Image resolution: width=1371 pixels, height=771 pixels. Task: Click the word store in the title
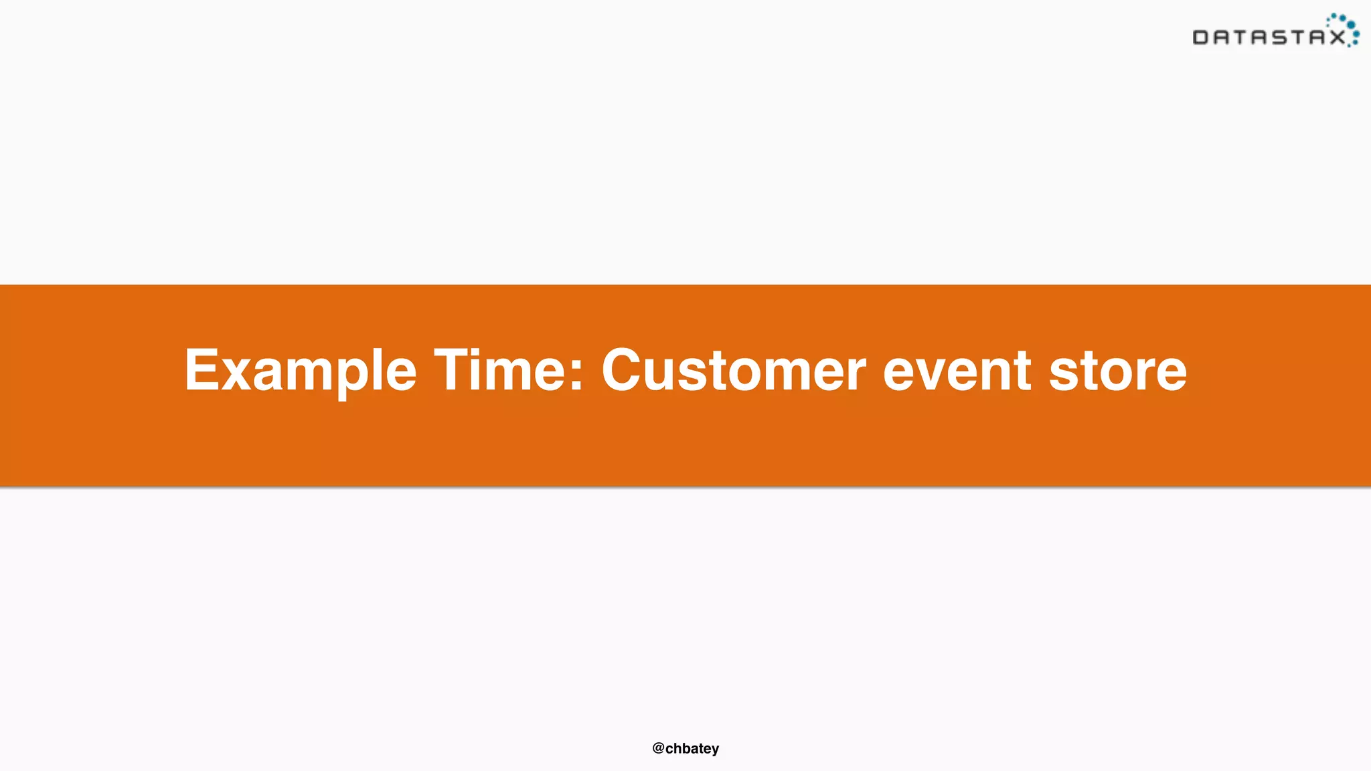coord(1118,371)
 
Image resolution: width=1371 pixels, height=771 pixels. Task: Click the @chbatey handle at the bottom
coord(685,748)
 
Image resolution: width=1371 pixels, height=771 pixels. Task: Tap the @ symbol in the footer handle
coord(658,748)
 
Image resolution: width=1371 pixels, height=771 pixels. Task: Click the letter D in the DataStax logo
coord(1201,37)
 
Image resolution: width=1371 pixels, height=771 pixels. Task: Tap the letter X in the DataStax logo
coord(1337,37)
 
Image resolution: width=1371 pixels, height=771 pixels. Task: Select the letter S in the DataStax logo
coord(1279,37)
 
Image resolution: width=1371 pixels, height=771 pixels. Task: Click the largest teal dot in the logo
coord(1351,25)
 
